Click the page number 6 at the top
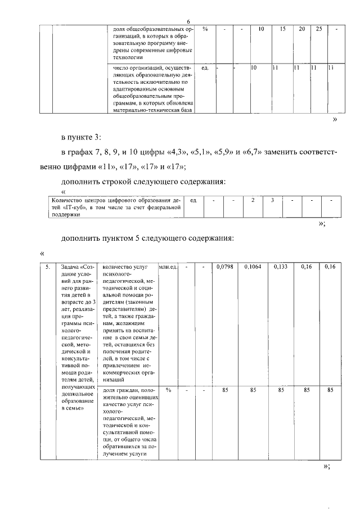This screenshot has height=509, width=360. pos(180,21)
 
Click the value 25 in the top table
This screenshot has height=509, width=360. pos(319,29)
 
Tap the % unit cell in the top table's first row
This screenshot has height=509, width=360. pos(205,29)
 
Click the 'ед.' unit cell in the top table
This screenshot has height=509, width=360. pos(205,68)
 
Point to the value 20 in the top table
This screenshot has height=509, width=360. pos(302,29)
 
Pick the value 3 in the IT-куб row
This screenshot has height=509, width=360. pos(272,200)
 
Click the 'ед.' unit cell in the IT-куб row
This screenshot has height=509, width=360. pos(193,200)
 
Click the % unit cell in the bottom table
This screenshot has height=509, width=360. pos(168,390)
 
